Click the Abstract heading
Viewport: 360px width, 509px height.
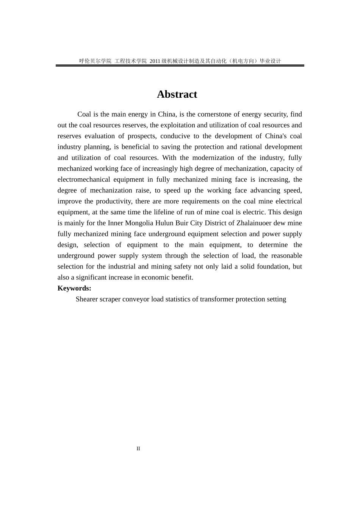pos(177,94)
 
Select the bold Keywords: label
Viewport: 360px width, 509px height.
pos(74,288)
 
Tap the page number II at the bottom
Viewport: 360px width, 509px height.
pos(138,449)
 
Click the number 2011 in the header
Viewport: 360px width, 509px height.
pos(155,61)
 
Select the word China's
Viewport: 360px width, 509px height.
pos(276,136)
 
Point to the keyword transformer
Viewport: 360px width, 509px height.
pos(217,299)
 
